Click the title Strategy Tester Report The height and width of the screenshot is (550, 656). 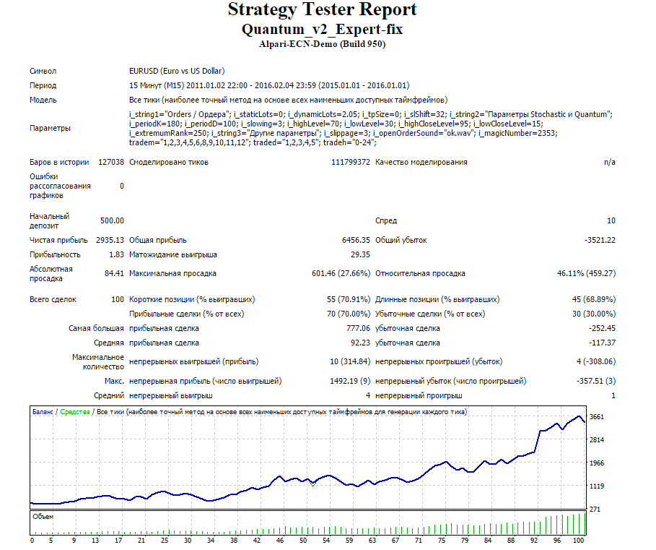coord(322,9)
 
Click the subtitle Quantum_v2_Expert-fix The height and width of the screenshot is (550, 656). coord(322,30)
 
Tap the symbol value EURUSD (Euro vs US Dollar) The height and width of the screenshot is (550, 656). coord(177,71)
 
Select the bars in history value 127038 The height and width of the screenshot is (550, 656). coord(111,162)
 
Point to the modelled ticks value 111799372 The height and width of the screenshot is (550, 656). coord(351,162)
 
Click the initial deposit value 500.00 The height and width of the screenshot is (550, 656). coord(112,220)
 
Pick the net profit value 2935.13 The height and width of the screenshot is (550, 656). coord(110,240)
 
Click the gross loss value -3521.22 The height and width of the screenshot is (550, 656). coord(600,240)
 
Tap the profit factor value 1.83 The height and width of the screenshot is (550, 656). coord(117,254)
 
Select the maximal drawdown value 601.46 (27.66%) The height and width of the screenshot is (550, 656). coord(341,273)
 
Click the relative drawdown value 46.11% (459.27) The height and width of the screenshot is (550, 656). coord(586,273)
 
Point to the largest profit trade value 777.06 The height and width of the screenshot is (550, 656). coord(358,328)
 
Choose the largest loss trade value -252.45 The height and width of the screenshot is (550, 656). coord(602,328)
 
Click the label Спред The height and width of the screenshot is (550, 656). coord(386,220)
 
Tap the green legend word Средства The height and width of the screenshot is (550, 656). coord(75,412)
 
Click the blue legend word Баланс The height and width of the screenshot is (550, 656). coord(43,412)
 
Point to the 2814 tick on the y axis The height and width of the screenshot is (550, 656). coord(597,440)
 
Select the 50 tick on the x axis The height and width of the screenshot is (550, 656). coord(303,541)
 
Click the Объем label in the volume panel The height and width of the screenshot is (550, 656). coord(43,517)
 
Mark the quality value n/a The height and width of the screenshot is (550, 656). coord(610,162)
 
